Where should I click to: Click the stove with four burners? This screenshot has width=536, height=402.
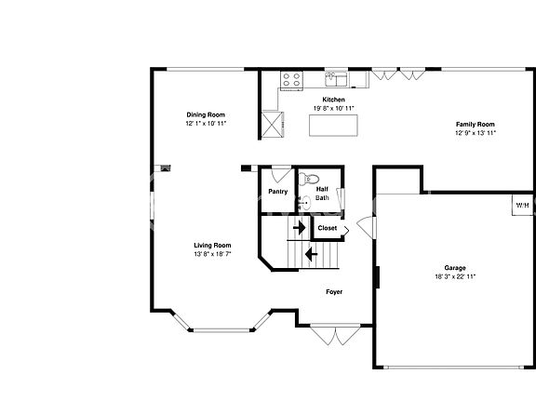pyautogui.click(x=291, y=80)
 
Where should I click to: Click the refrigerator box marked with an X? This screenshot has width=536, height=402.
pyautogui.click(x=272, y=123)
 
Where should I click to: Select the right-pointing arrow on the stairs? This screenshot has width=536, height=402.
pyautogui.click(x=300, y=227)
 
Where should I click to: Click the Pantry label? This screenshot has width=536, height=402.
pyautogui.click(x=277, y=192)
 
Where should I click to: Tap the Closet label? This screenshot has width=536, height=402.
pyautogui.click(x=328, y=228)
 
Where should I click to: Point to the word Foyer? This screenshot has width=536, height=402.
pyautogui.click(x=333, y=292)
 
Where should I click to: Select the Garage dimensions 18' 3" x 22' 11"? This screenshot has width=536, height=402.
pyautogui.click(x=455, y=276)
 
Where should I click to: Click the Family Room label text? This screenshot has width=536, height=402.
pyautogui.click(x=475, y=124)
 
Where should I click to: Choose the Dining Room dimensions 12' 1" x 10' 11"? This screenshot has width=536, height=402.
pyautogui.click(x=206, y=123)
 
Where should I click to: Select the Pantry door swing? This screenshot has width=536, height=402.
pyautogui.click(x=278, y=174)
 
